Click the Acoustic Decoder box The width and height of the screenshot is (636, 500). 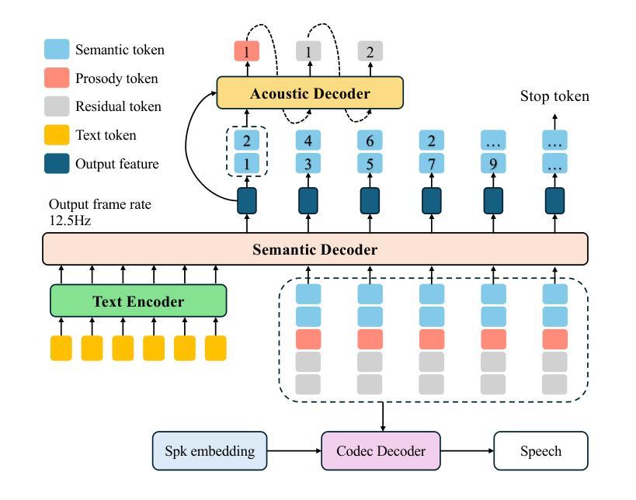pyautogui.click(x=310, y=93)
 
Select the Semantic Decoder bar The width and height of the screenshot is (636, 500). pyautogui.click(x=315, y=249)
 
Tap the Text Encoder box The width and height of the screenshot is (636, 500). pyautogui.click(x=138, y=301)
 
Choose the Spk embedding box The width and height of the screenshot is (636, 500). pyautogui.click(x=210, y=451)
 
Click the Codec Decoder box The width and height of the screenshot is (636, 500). pyautogui.click(x=381, y=451)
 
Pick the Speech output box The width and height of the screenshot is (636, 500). pyautogui.click(x=540, y=451)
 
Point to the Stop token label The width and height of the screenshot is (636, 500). pyautogui.click(x=554, y=96)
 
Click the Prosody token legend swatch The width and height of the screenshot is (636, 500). pyautogui.click(x=57, y=78)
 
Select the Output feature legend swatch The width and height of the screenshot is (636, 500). pyautogui.click(x=57, y=164)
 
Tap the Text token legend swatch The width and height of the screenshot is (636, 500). pyautogui.click(x=57, y=135)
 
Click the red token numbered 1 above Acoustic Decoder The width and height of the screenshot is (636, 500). pyautogui.click(x=246, y=52)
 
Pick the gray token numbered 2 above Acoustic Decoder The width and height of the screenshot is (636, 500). pyautogui.click(x=370, y=52)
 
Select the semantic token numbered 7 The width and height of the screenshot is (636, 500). pyautogui.click(x=432, y=164)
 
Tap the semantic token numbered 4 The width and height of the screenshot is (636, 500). pyautogui.click(x=308, y=141)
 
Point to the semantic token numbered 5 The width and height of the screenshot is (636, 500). pyautogui.click(x=370, y=164)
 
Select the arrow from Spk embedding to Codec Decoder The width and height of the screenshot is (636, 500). pyautogui.click(x=294, y=451)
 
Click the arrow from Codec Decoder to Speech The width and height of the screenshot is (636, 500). pyautogui.click(x=466, y=451)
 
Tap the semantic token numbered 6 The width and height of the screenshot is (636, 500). pyautogui.click(x=370, y=141)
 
